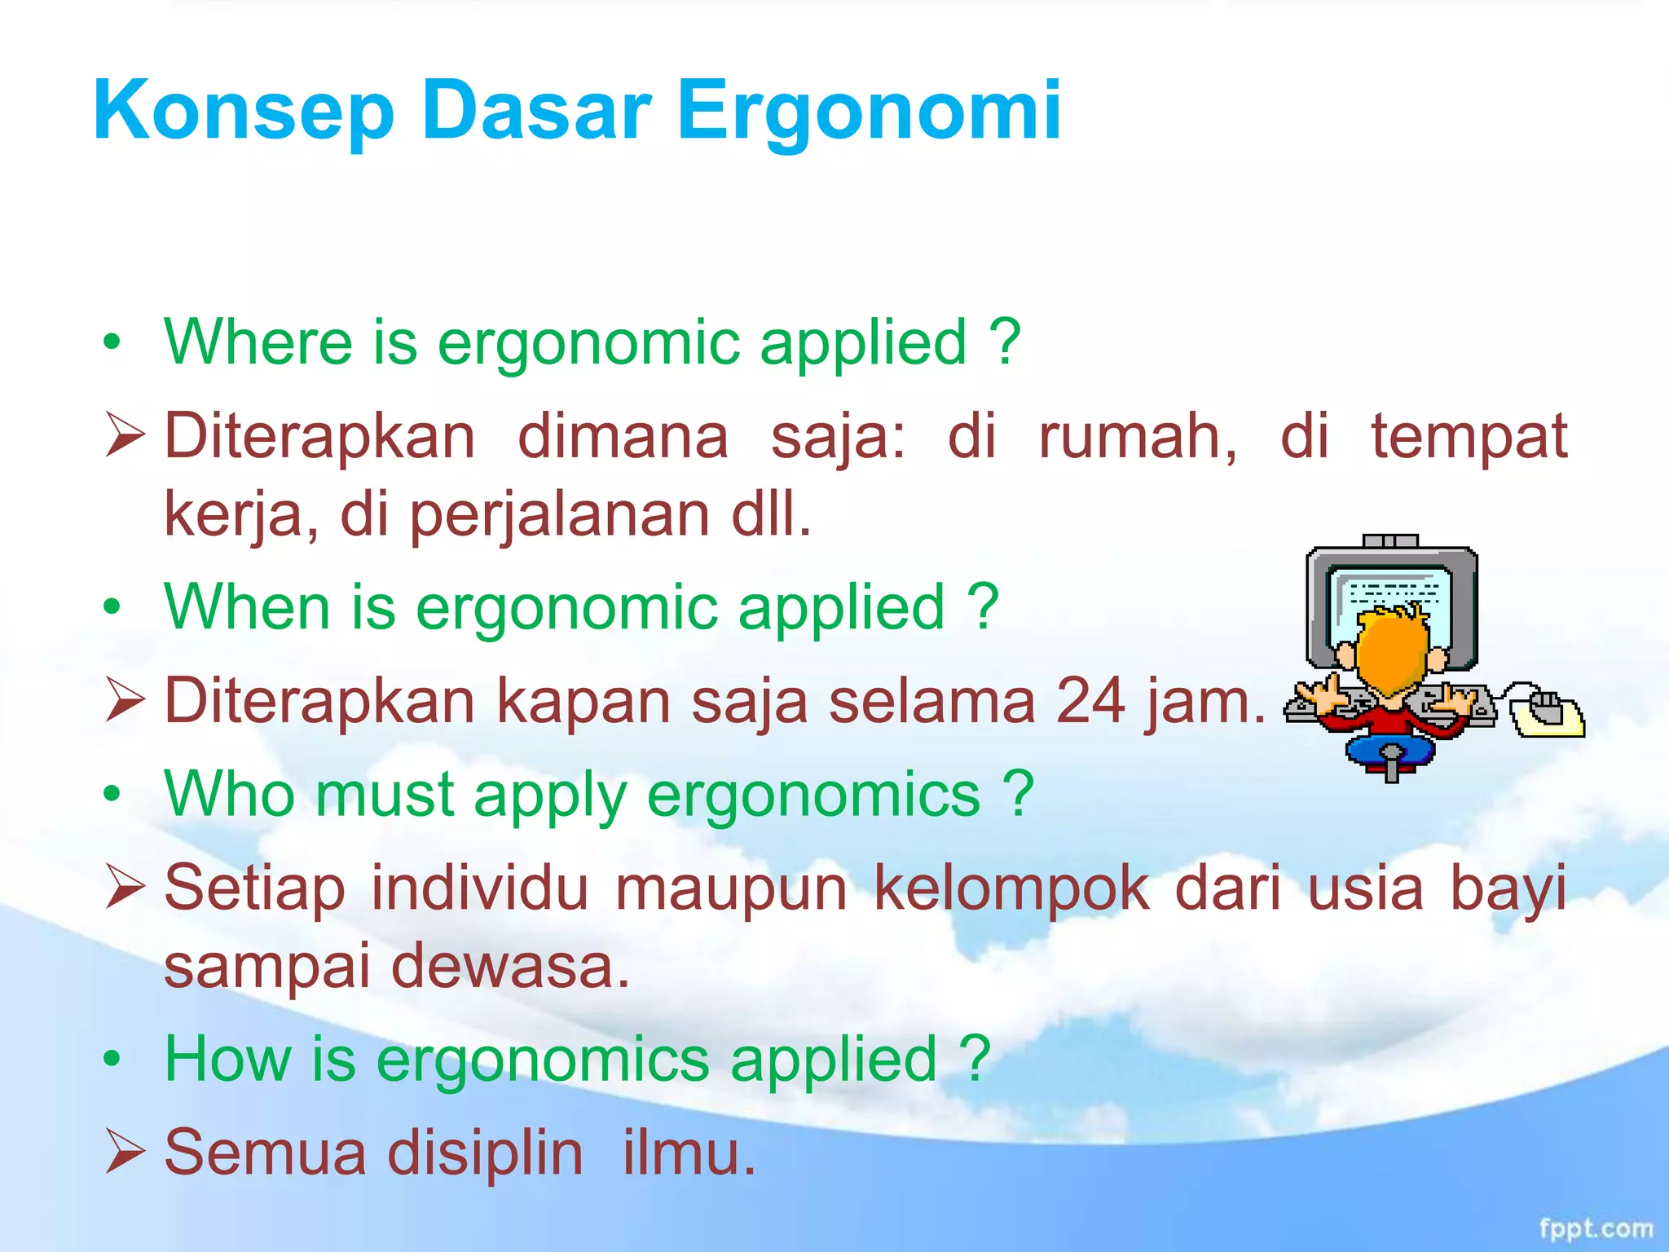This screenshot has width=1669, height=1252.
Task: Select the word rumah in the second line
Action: (x=1136, y=436)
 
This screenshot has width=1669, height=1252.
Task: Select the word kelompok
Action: (x=1011, y=888)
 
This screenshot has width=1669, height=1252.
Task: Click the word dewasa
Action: (x=510, y=965)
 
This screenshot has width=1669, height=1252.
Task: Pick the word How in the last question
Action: (x=227, y=1059)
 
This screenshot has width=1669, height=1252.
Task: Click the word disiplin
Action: (x=485, y=1153)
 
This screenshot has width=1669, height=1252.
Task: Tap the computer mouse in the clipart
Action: (x=1546, y=711)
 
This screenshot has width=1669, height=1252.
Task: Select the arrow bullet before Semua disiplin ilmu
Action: (x=125, y=1153)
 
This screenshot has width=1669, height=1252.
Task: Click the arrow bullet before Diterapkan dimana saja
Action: (x=125, y=435)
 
